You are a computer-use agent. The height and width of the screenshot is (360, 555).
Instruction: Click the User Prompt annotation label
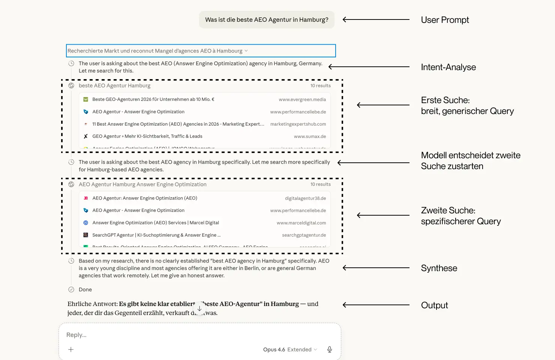(x=445, y=20)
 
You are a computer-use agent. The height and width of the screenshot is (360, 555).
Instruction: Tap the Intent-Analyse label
(x=448, y=67)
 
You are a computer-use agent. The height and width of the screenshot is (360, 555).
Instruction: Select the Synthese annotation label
(x=439, y=268)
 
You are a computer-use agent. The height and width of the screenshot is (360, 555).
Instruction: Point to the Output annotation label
(x=434, y=305)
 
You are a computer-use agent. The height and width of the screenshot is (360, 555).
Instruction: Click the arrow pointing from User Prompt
(x=376, y=19)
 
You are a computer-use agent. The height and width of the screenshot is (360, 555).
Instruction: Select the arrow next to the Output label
(x=376, y=305)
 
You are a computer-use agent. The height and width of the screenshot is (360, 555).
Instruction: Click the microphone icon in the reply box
(x=330, y=349)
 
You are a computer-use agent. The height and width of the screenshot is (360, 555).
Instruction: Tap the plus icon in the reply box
(x=71, y=349)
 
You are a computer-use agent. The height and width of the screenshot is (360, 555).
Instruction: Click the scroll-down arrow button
(x=199, y=309)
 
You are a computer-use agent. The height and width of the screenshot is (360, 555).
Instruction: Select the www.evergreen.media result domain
(x=302, y=99)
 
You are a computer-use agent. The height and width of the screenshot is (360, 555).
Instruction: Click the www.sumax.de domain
(x=310, y=136)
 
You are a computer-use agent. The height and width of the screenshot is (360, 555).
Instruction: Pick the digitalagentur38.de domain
(x=305, y=198)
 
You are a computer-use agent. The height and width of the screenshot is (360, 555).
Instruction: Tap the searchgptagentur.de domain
(x=304, y=235)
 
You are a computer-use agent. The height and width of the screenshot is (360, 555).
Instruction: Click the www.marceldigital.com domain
(x=301, y=223)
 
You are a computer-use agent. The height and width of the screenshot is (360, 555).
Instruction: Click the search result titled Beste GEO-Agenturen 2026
(x=153, y=99)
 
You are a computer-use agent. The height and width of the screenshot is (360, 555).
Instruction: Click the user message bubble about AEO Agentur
(x=267, y=20)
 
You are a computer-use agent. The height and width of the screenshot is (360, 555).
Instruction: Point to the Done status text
(x=85, y=289)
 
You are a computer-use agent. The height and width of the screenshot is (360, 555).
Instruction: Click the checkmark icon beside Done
(x=71, y=289)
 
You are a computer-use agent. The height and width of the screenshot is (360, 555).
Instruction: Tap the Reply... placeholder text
(x=76, y=335)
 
